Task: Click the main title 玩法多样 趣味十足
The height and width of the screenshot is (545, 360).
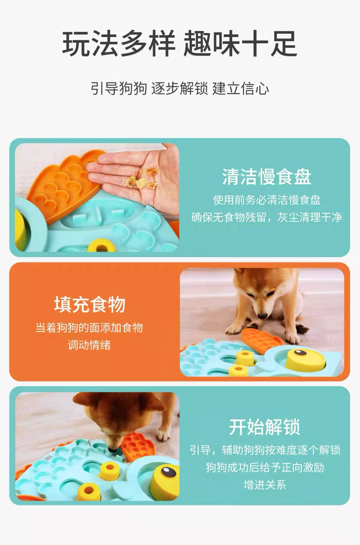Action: pyautogui.click(x=180, y=44)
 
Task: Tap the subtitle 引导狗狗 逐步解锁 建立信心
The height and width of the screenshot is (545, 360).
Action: pyautogui.click(x=180, y=89)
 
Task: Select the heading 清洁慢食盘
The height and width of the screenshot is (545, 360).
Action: pyautogui.click(x=267, y=177)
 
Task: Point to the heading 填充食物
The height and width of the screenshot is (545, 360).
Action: pyautogui.click(x=90, y=304)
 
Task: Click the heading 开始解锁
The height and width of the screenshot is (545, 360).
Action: pyautogui.click(x=265, y=427)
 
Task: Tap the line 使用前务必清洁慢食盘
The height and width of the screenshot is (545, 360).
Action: pyautogui.click(x=267, y=200)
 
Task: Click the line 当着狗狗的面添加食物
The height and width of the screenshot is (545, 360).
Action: pyautogui.click(x=89, y=328)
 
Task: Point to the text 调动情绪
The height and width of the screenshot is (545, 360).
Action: pyautogui.click(x=89, y=345)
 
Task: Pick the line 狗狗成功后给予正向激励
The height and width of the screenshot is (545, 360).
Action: pyautogui.click(x=265, y=467)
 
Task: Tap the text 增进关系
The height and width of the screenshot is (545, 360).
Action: pyautogui.click(x=265, y=485)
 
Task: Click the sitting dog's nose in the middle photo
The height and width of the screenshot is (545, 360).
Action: pyautogui.click(x=262, y=316)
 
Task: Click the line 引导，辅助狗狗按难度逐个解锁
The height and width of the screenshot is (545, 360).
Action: pyautogui.click(x=265, y=450)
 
